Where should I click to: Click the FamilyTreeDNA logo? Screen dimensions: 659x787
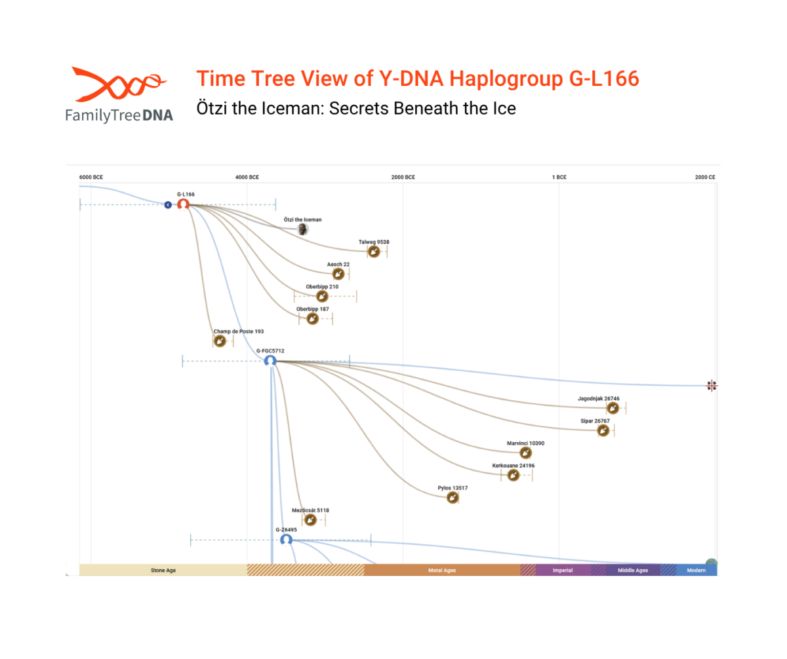118,94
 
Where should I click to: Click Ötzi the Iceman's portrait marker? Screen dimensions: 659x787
302,229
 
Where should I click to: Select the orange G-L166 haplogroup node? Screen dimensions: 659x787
184,204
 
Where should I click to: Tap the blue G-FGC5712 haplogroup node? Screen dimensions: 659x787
270,360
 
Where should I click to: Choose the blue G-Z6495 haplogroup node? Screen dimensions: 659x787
286,540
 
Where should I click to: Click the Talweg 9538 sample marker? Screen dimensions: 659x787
373,252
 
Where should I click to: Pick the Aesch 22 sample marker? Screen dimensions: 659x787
338,274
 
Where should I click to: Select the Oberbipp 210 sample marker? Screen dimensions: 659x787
322,296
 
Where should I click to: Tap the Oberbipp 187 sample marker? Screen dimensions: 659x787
313,318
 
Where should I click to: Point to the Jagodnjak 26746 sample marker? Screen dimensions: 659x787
612,408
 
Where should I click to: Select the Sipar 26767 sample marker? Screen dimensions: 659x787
603,430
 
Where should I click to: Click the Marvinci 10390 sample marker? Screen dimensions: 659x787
525,453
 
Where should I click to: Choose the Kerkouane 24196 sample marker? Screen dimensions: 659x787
514,475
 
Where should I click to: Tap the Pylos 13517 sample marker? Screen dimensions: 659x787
453,498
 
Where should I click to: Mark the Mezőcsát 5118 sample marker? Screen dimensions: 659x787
310,520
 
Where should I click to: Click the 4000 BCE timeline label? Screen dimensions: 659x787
248,177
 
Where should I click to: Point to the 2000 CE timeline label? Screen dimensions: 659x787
705,177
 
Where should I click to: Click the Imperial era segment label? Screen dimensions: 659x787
563,571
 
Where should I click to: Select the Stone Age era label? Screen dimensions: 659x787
163,571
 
